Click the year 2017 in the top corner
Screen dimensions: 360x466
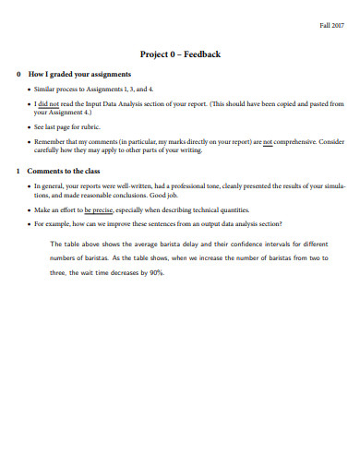[x=337, y=24]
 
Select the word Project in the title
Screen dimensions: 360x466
[x=154, y=54]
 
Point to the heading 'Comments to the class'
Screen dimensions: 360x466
[x=66, y=172]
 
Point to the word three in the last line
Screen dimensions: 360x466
[x=59, y=274]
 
